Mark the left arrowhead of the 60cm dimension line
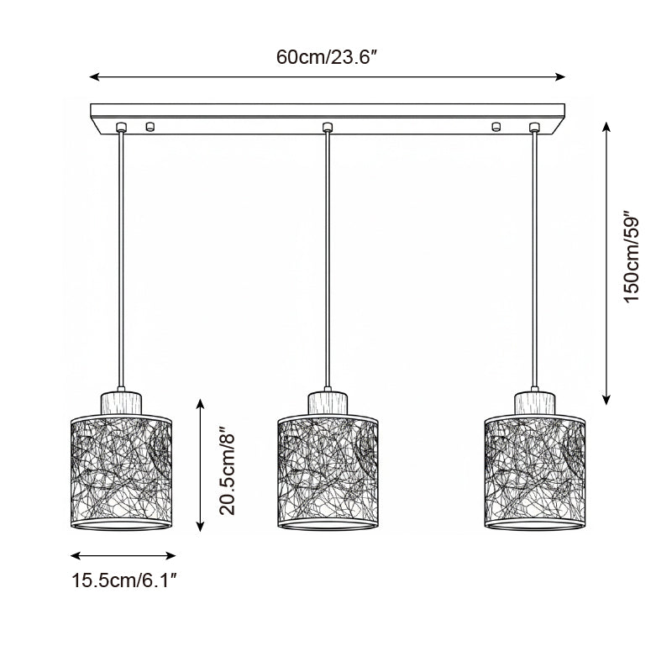[x=94, y=77]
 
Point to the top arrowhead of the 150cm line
[x=607, y=127]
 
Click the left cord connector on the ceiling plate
[x=122, y=127]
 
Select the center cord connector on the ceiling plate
[x=328, y=127]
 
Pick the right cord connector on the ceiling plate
[x=534, y=127]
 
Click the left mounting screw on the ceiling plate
[x=150, y=127]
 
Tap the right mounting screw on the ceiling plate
[x=496, y=127]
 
